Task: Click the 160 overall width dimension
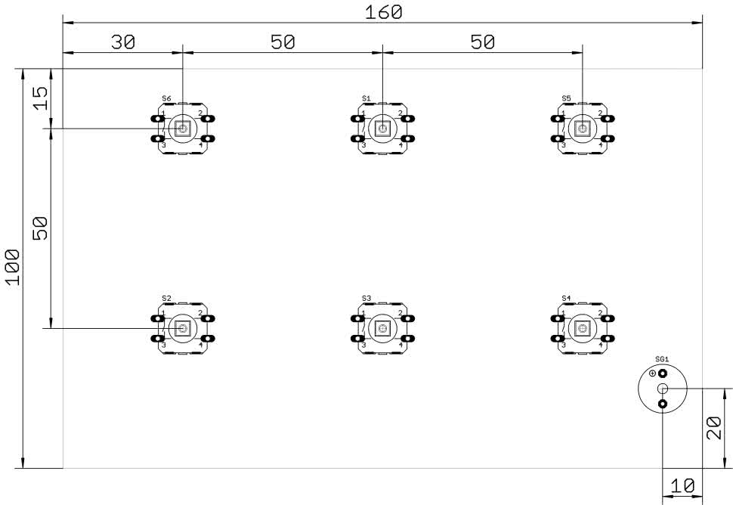[x=383, y=12]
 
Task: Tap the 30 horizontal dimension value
[x=122, y=42]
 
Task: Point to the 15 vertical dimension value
[x=40, y=98]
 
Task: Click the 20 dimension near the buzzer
[x=717, y=428]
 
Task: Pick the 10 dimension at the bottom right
[x=682, y=487]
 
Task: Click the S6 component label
[x=166, y=99]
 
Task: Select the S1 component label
[x=366, y=99]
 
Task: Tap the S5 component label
[x=566, y=99]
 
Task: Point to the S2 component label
[x=166, y=299]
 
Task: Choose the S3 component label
[x=366, y=299]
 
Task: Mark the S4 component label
[x=566, y=299]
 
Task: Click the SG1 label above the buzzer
[x=661, y=359]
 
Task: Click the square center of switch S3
[x=382, y=328]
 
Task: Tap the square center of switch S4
[x=582, y=328]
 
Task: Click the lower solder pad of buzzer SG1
[x=663, y=405]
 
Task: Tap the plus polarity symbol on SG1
[x=653, y=373]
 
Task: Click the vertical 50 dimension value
[x=40, y=228]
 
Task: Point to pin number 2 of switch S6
[x=200, y=113]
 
